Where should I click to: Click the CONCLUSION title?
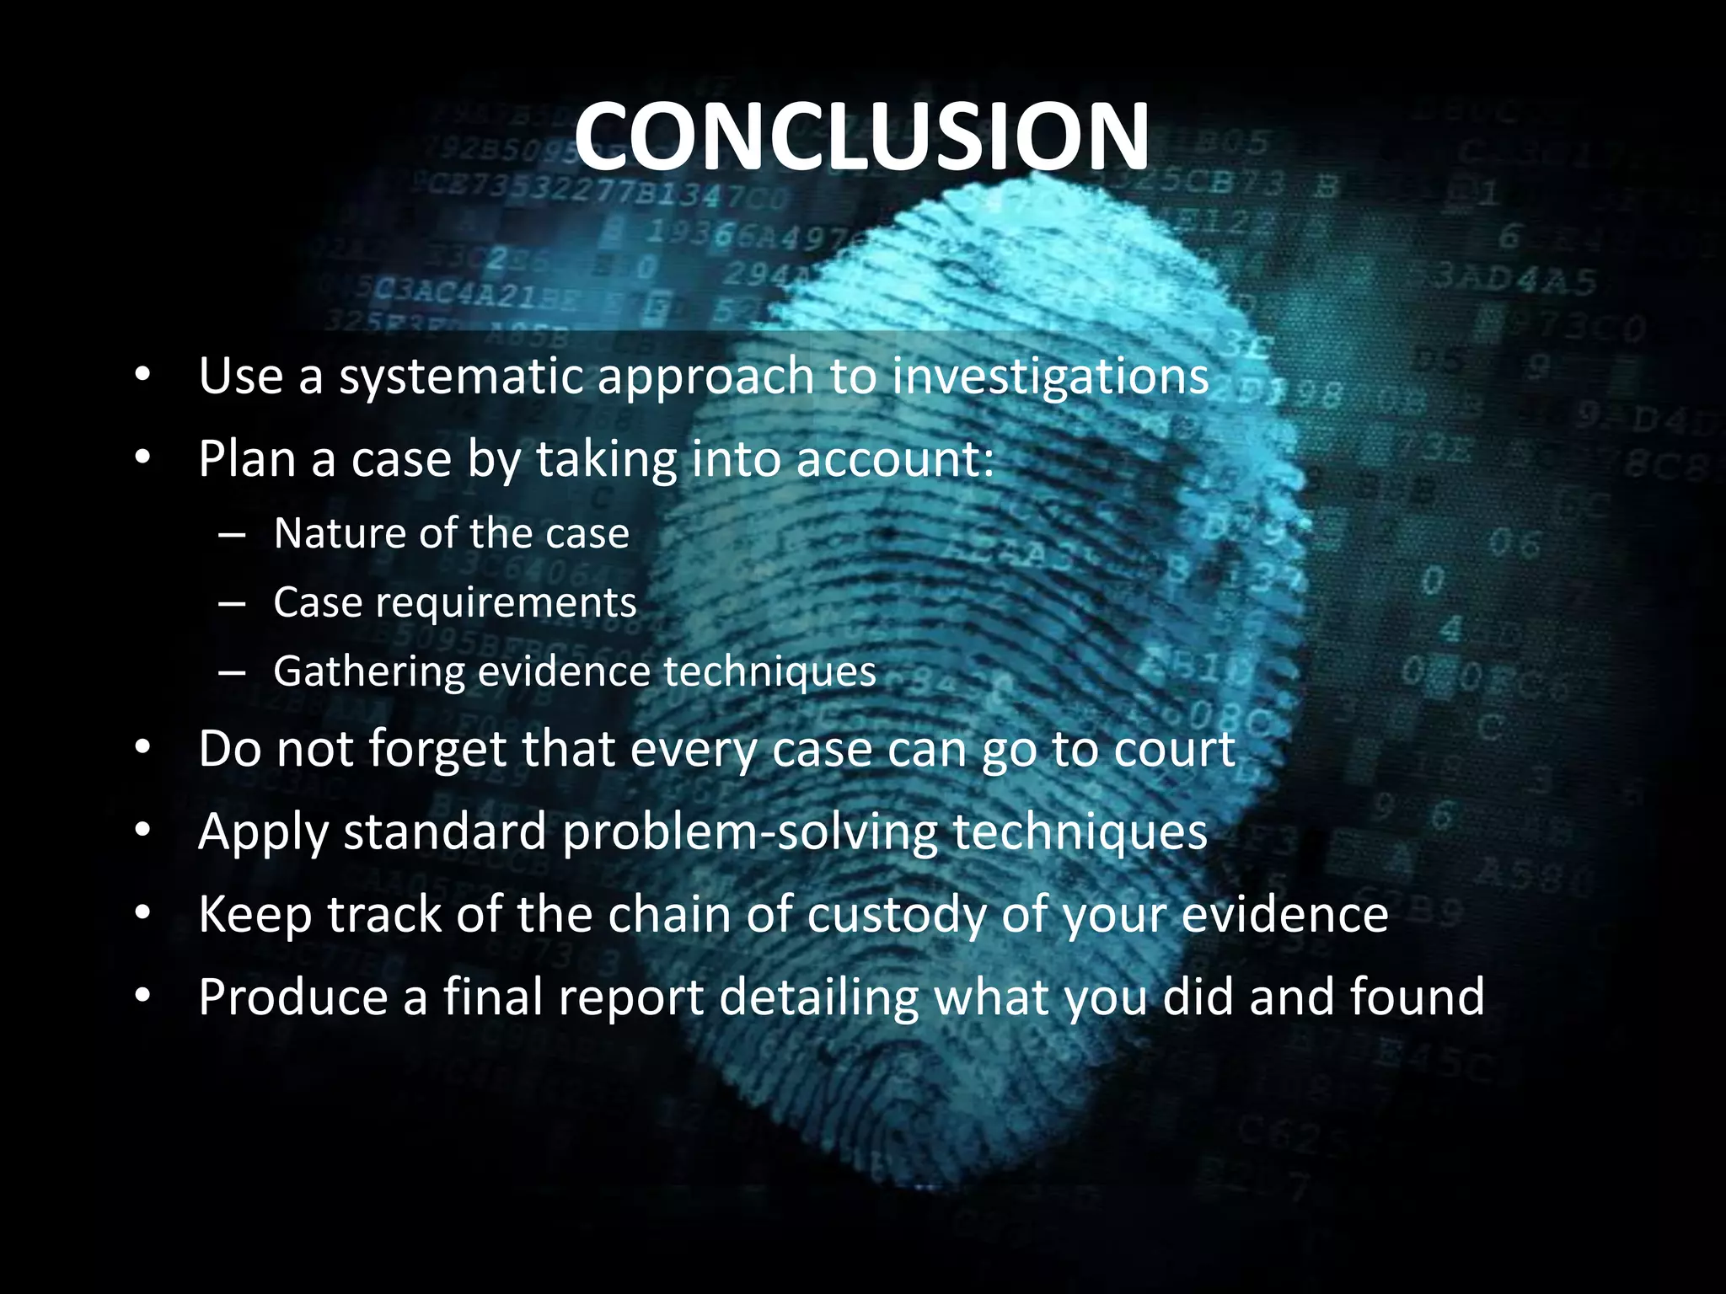(x=861, y=136)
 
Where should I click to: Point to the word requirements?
(x=506, y=603)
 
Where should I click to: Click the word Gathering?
(x=368, y=672)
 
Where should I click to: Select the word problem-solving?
(x=749, y=831)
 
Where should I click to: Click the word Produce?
(x=292, y=997)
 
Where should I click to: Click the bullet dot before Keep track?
(x=142, y=914)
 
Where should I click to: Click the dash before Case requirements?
(x=231, y=603)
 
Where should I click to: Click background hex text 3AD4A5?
(x=1514, y=278)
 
